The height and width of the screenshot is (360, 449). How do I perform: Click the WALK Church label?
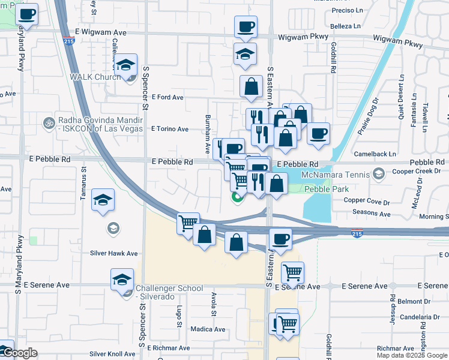tap(97, 77)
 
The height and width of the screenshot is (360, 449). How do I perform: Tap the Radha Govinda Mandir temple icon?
tap(49, 123)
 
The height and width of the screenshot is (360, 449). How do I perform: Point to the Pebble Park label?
tap(326, 188)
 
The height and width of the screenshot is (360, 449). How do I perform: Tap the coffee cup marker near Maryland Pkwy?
tap(26, 14)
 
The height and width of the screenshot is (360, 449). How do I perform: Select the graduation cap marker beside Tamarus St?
tap(103, 200)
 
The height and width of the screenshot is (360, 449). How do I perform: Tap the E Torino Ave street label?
tap(170, 129)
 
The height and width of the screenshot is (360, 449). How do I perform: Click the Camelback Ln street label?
tap(370, 154)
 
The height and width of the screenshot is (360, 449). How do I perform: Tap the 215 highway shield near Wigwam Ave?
tap(69, 42)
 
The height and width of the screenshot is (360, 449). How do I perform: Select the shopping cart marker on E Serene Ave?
tap(292, 272)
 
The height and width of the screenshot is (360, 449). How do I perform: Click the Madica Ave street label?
tap(208, 329)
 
